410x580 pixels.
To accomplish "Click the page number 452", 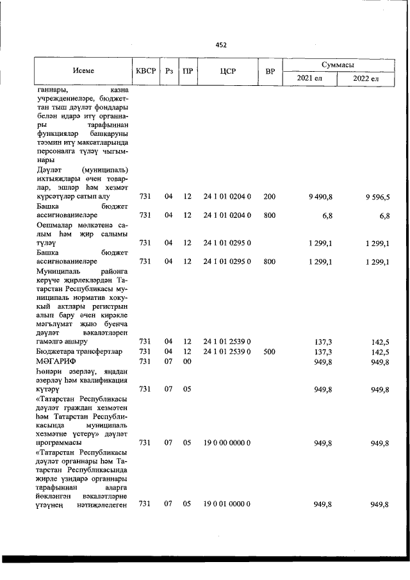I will [x=221, y=45].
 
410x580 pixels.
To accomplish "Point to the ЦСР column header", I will [x=227, y=71].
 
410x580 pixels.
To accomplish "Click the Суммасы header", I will [x=339, y=65].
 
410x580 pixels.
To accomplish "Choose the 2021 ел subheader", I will [x=310, y=78].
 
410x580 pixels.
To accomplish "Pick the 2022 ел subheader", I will [x=366, y=78].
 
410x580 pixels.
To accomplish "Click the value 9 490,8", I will [x=320, y=197].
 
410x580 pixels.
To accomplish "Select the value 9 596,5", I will [x=377, y=197].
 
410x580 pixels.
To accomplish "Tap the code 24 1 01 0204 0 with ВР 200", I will [x=227, y=197].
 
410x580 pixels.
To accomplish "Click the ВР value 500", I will [x=269, y=352].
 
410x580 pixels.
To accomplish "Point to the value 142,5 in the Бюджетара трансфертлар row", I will [x=380, y=352].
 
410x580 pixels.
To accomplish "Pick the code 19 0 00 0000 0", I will [x=227, y=443].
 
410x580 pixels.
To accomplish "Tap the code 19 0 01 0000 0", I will [x=227, y=504].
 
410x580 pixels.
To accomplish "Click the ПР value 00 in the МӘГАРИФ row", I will [x=187, y=361].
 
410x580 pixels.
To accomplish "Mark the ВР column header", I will [x=270, y=71].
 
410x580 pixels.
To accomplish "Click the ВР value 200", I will [x=269, y=197].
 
